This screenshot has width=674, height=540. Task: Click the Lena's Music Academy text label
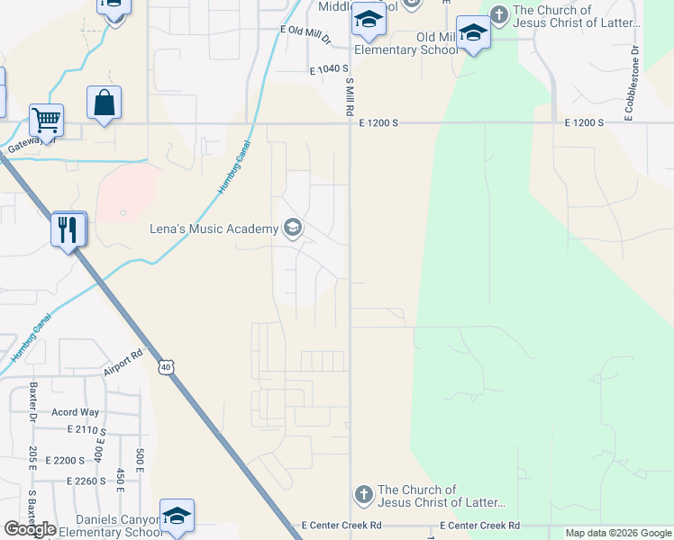[x=214, y=229]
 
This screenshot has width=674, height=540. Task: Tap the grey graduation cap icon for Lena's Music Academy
[x=292, y=228]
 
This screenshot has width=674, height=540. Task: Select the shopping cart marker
[x=46, y=120]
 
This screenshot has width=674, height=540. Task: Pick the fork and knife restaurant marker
[x=68, y=230]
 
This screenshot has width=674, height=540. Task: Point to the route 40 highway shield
[x=165, y=366]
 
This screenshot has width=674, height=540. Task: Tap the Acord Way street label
[x=76, y=413]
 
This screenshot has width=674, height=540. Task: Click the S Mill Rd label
[x=349, y=95]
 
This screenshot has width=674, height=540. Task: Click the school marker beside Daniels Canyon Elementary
[x=178, y=516]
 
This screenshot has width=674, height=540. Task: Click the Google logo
[x=30, y=529]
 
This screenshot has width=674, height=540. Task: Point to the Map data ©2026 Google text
[x=618, y=533]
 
